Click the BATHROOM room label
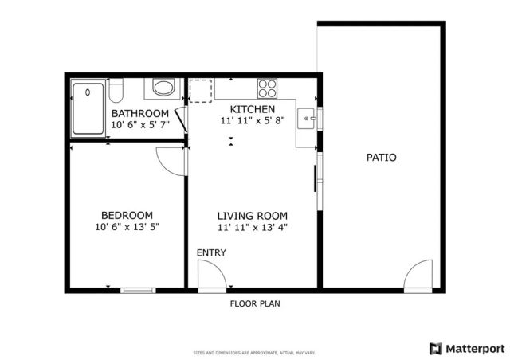click(140, 113)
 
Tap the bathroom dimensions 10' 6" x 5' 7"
click(140, 125)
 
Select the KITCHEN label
click(253, 109)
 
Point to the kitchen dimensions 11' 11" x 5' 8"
click(253, 121)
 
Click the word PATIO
click(381, 158)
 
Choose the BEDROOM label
click(127, 215)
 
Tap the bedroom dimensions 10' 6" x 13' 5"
click(127, 227)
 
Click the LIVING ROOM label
click(253, 216)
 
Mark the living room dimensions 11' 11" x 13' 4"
click(253, 228)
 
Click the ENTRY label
click(211, 253)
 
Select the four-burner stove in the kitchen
click(266, 88)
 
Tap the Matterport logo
click(467, 348)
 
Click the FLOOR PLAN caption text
click(255, 303)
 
